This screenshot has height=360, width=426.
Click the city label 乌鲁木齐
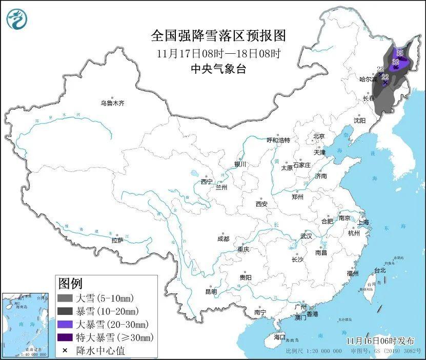tap(112, 103)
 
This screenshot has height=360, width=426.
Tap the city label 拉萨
tap(117, 240)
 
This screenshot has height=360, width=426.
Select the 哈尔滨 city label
tap(368, 79)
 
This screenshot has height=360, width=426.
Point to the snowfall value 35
tap(399, 53)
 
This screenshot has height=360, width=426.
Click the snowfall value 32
tap(395, 62)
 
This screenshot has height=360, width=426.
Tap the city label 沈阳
tap(359, 120)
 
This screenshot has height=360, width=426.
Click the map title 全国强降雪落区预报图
tap(218, 36)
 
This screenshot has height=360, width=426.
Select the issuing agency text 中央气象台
tap(218, 69)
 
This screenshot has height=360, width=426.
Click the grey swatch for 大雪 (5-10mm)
tap(65, 298)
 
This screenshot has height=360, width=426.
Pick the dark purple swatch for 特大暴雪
tap(65, 337)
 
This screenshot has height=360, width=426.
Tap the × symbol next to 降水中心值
tap(65, 350)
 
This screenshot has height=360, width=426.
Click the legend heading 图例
tap(70, 283)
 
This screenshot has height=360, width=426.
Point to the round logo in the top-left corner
tap(17, 19)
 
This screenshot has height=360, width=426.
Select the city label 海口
tap(279, 337)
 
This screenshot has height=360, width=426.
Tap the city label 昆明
tap(211, 291)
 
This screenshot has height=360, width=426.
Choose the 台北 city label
tap(379, 270)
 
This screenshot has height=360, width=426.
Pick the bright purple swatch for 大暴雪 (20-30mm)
tap(65, 324)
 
